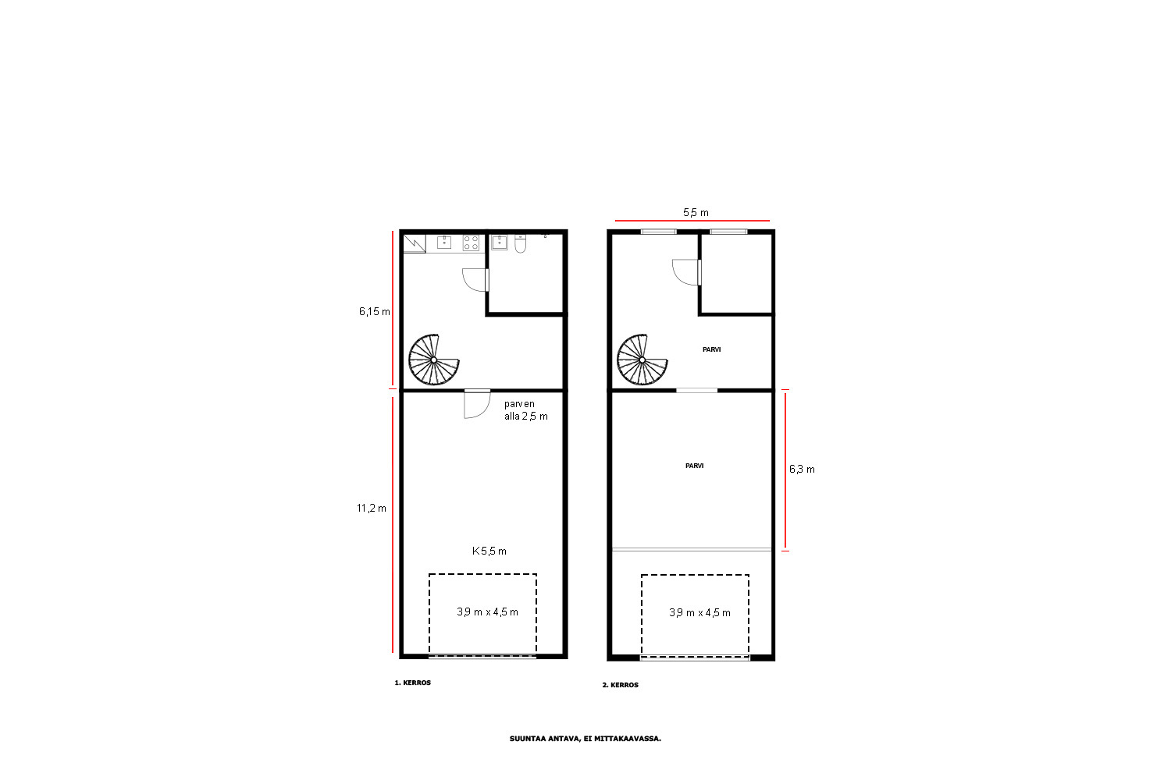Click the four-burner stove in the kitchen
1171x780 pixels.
coord(471,243)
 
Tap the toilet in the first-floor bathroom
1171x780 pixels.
coord(520,244)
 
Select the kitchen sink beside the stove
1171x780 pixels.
coord(444,243)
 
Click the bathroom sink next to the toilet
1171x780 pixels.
coord(500,243)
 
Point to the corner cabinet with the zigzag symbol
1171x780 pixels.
coord(415,244)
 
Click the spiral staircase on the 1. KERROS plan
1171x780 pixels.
coord(433,360)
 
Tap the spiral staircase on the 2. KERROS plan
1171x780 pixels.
coord(642,360)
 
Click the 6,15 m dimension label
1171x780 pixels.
coord(374,312)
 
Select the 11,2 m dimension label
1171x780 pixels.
coord(372,509)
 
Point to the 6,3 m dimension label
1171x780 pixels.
coord(802,470)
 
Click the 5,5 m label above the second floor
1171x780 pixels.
coord(696,213)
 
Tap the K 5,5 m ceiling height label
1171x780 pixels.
coord(489,551)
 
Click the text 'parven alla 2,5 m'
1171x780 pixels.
coord(526,410)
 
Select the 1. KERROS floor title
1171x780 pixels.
coord(412,682)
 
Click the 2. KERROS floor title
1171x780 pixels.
coord(621,685)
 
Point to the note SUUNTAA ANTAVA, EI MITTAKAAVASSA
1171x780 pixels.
coord(585,739)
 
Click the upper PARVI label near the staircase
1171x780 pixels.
coord(711,349)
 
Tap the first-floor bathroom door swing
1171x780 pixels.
coord(475,280)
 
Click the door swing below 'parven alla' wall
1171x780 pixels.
coord(477,404)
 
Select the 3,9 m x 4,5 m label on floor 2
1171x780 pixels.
coord(699,613)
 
